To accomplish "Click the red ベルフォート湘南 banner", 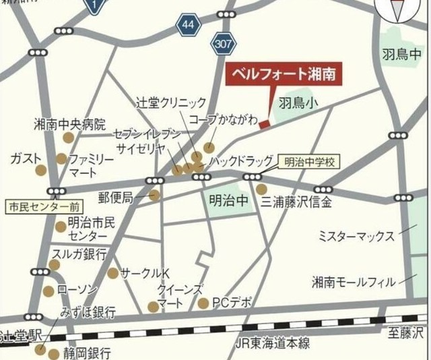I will [x=283, y=73].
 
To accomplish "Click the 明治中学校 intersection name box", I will [x=309, y=162].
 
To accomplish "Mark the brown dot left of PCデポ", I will [x=203, y=303].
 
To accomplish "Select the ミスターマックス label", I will [x=356, y=236].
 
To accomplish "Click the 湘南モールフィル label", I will [x=354, y=281].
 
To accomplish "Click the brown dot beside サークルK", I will [x=112, y=273].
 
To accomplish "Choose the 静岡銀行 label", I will [x=82, y=353].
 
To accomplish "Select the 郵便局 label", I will [x=118, y=197].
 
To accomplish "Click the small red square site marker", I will [x=264, y=123].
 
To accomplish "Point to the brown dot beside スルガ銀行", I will [x=54, y=264].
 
